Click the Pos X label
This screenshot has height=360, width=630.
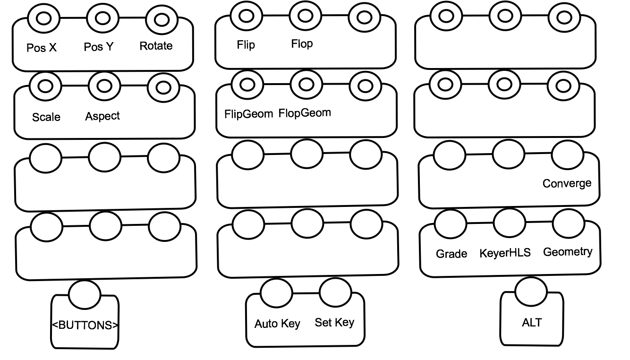[x=42, y=48]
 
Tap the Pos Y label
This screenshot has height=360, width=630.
[x=99, y=47]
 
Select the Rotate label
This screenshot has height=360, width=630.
[x=156, y=46]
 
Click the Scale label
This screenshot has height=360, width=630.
[x=46, y=117]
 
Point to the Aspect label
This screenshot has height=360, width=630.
[x=102, y=116]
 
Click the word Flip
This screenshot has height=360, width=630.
[x=246, y=45]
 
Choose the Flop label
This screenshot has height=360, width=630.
[x=302, y=44]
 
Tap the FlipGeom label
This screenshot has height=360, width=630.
[x=248, y=114]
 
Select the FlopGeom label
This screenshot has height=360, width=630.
[x=305, y=113]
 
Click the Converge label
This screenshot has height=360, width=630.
[x=567, y=183]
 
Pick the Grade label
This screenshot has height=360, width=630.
[x=451, y=254]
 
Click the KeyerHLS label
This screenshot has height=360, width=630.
[x=505, y=253]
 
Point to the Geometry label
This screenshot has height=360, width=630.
[x=568, y=252]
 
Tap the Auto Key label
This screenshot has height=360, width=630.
[x=277, y=324]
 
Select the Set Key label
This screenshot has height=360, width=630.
[x=334, y=323]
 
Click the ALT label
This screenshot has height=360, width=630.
[x=532, y=323]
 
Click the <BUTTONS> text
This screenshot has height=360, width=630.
[x=85, y=325]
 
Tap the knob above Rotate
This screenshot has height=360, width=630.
[x=162, y=19]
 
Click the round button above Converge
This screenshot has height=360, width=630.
[x=567, y=154]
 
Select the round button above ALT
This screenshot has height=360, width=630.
[x=531, y=291]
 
